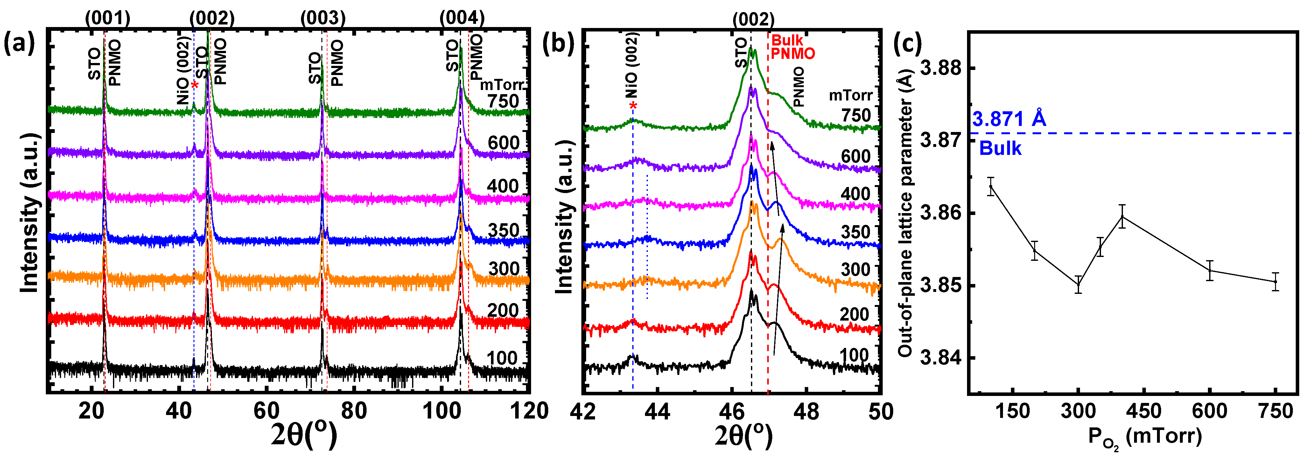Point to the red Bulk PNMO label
(792, 47)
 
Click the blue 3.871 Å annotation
(1009, 119)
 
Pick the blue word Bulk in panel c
(1000, 149)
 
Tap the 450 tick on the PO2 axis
(1144, 411)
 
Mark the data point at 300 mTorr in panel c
(1078, 285)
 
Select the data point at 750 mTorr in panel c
(1275, 281)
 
